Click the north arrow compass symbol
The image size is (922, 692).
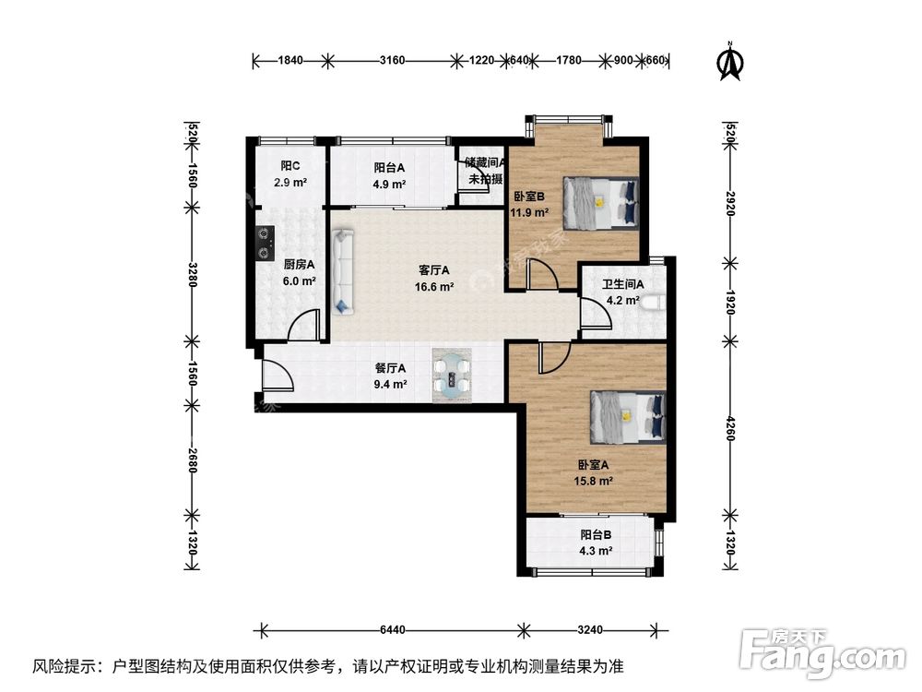point(731,62)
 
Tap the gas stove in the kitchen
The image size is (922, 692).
point(266,241)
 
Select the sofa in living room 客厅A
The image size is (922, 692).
point(343,272)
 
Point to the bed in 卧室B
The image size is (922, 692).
point(601,202)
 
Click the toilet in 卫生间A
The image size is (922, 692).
point(655,302)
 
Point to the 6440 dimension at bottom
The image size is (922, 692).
point(393,631)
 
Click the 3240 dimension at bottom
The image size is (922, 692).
point(590,631)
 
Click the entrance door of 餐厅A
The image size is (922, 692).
point(275,376)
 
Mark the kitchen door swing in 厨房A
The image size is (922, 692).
point(304,327)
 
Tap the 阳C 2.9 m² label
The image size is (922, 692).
point(291,174)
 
